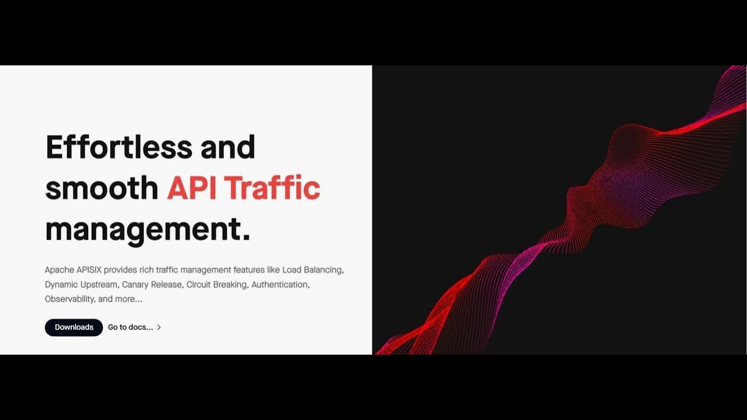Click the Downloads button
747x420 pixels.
74,327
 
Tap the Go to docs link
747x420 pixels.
130,327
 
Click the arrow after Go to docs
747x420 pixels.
159,327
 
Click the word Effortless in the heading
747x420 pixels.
118,146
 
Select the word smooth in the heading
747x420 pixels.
102,188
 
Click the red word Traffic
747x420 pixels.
272,188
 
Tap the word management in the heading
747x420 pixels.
142,229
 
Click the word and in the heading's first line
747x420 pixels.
228,146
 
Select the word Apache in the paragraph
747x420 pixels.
60,270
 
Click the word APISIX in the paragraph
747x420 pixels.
89,270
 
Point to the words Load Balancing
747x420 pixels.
313,270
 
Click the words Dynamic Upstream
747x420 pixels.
81,285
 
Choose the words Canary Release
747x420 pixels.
152,285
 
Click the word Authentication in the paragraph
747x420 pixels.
280,285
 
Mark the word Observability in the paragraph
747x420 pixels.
69,299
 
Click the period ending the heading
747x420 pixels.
246,236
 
